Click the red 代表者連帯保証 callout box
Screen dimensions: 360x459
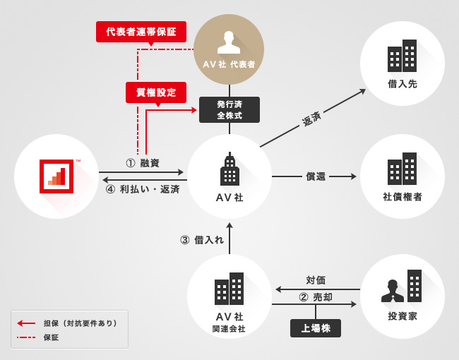click(x=141, y=31)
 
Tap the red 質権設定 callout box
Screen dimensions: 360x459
click(x=156, y=92)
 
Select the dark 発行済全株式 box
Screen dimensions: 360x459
click(x=229, y=109)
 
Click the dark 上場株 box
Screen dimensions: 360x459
click(x=316, y=328)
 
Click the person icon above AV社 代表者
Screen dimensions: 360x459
click(x=229, y=43)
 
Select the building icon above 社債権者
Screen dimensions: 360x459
click(x=403, y=169)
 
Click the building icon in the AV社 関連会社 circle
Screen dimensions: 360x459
click(x=229, y=289)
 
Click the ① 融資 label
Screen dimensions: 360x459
click(x=142, y=163)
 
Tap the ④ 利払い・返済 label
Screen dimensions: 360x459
click(x=142, y=189)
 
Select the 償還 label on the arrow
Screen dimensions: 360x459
click(x=316, y=176)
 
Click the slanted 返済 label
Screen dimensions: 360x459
click(x=311, y=119)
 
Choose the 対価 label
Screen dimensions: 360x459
click(x=316, y=280)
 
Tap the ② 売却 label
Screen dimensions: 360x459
click(x=316, y=297)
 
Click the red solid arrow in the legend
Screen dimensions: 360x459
click(x=27, y=323)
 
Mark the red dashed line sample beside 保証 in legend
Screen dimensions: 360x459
click(x=27, y=337)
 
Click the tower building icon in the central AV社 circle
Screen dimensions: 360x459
click(x=229, y=171)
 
